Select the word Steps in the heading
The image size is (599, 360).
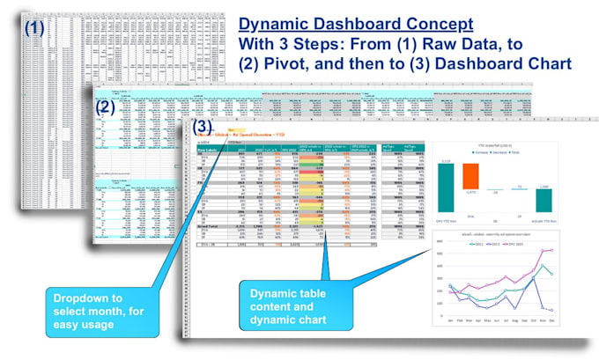338,44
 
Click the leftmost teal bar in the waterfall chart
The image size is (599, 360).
446,187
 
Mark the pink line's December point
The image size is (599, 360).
553,250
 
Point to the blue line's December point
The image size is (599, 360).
553,310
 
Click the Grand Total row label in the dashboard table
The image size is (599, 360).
210,225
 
